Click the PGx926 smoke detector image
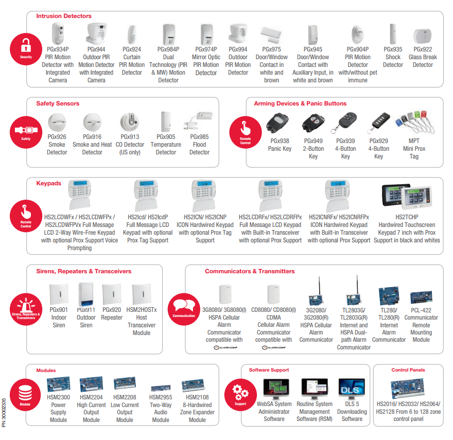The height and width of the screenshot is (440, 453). [57, 122]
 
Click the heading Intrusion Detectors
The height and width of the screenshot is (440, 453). [64, 16]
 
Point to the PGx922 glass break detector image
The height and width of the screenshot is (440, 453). [423, 36]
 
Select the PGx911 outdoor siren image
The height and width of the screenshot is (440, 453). [86, 294]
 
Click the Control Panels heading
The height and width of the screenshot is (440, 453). [408, 370]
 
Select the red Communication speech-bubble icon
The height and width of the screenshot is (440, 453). [184, 306]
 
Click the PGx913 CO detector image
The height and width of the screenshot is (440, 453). [129, 122]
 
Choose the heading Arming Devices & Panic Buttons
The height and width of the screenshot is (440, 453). [300, 103]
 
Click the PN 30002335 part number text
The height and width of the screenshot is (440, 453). [5, 412]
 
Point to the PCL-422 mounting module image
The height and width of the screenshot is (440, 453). [421, 297]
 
